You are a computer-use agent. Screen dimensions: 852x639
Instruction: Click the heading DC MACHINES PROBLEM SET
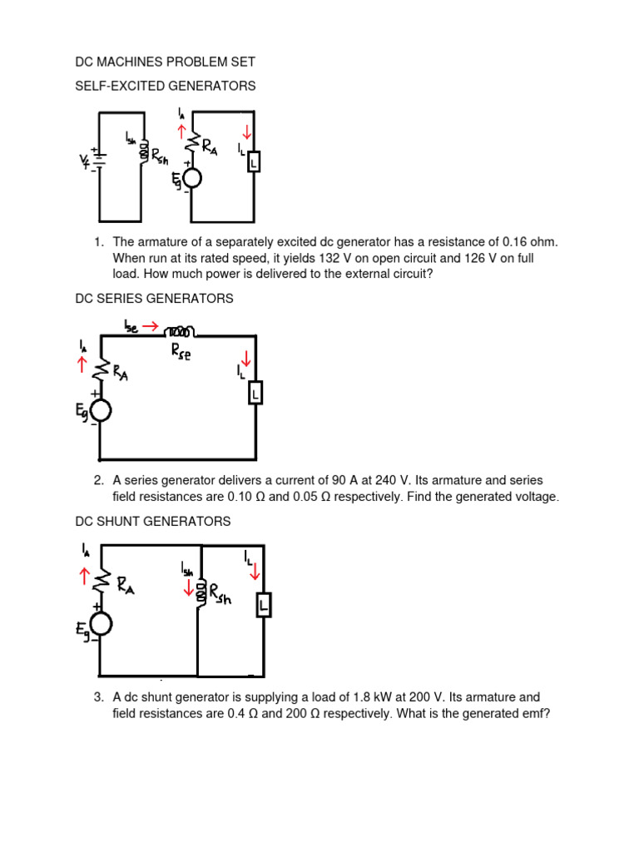(x=165, y=62)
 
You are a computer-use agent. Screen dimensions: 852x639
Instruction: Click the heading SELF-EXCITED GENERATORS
(x=165, y=86)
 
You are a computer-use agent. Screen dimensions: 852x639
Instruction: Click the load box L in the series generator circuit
(x=255, y=392)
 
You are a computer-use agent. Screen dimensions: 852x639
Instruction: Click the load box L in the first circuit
(x=253, y=162)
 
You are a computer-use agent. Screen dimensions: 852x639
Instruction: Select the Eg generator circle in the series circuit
(x=101, y=410)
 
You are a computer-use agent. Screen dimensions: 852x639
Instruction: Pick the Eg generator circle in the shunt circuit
(x=101, y=622)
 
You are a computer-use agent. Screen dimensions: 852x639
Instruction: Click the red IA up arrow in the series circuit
(x=82, y=364)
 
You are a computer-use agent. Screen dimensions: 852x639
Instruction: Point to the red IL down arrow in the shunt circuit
(x=255, y=572)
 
